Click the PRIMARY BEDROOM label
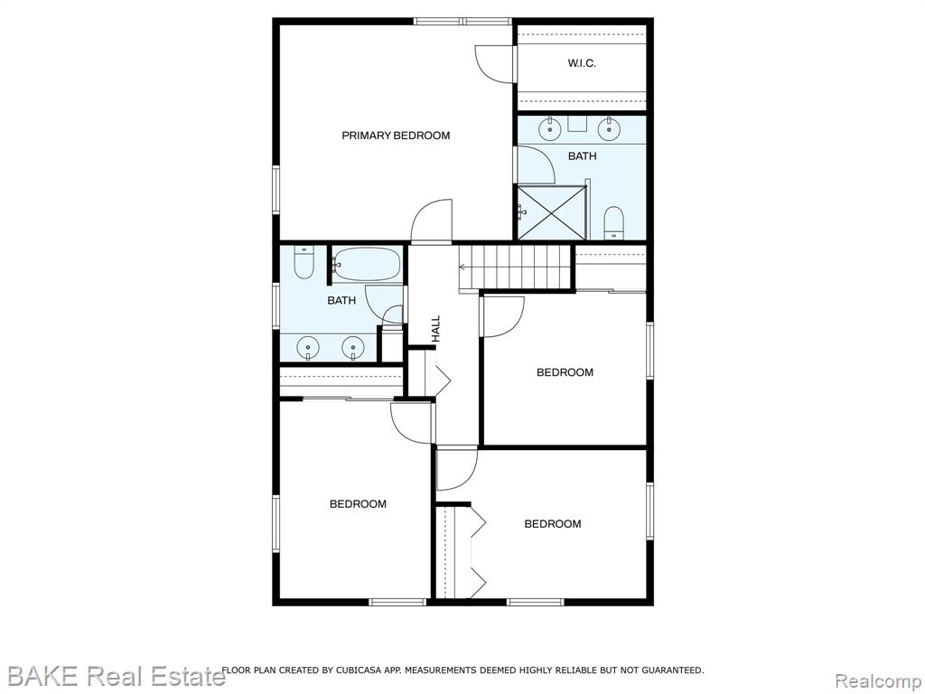pyautogui.click(x=396, y=136)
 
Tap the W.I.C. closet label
pyautogui.click(x=582, y=63)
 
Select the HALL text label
pyautogui.click(x=436, y=329)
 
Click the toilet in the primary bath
pyautogui.click(x=614, y=223)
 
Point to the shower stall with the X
pyautogui.click(x=552, y=212)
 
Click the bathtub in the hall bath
pyautogui.click(x=367, y=265)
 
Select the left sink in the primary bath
pyautogui.click(x=550, y=128)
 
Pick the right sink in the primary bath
pyautogui.click(x=608, y=128)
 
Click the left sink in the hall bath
pyautogui.click(x=308, y=348)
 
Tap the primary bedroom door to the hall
pyautogui.click(x=431, y=221)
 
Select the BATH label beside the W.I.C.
pyautogui.click(x=583, y=156)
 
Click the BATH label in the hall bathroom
pyautogui.click(x=341, y=301)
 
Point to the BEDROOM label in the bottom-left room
pyautogui.click(x=358, y=504)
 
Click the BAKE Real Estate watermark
pyautogui.click(x=116, y=676)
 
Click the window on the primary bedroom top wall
pyautogui.click(x=462, y=22)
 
